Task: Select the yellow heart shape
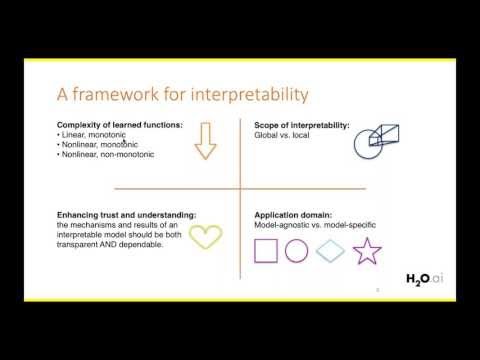[x=206, y=236]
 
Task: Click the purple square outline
[x=266, y=251]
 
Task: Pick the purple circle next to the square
[x=296, y=251]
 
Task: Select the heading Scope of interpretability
[x=293, y=124]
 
